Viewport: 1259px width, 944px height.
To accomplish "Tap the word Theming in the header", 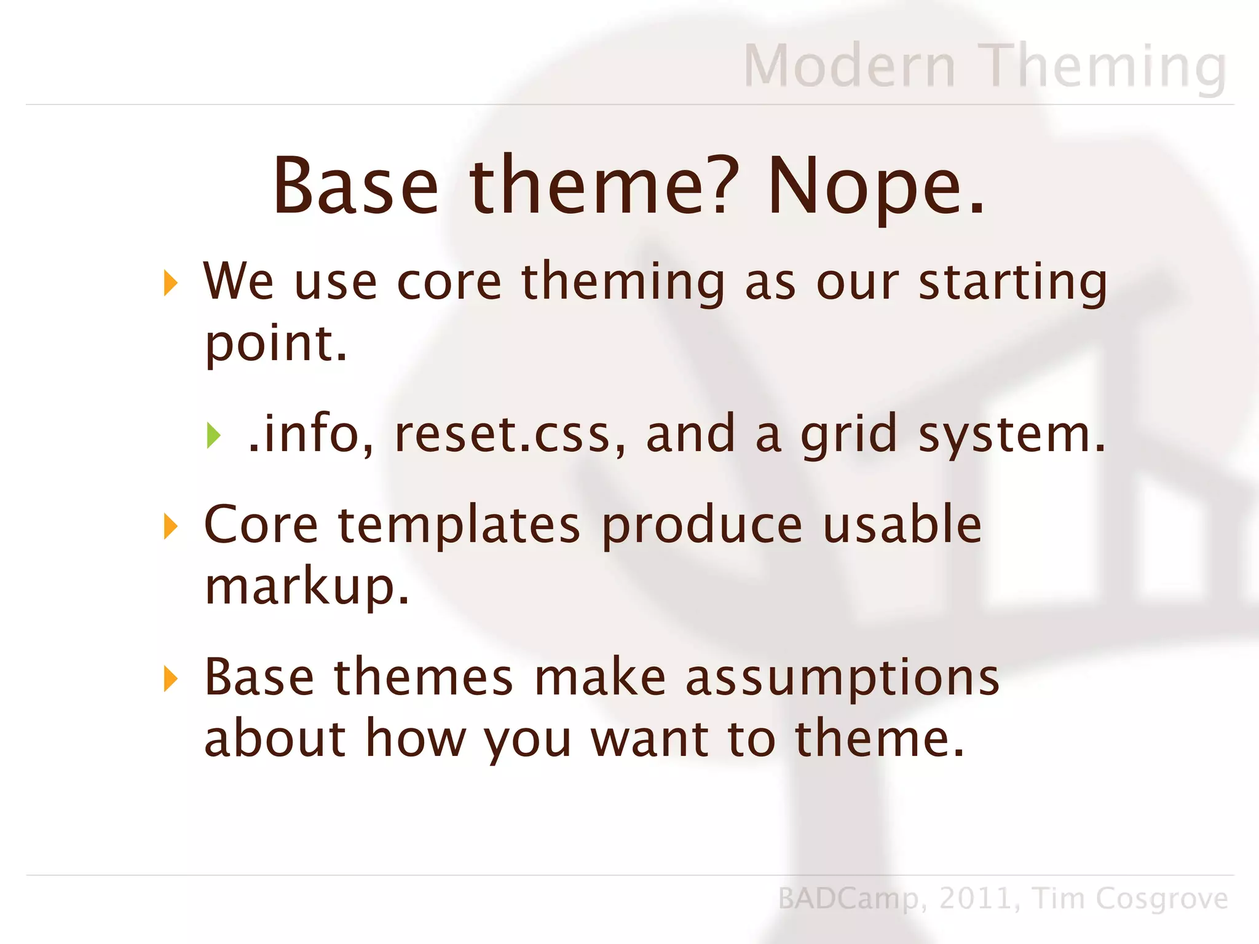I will click(x=1103, y=66).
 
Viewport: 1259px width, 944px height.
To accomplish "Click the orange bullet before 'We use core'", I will click(x=171, y=283).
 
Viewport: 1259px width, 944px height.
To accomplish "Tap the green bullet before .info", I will click(x=213, y=436).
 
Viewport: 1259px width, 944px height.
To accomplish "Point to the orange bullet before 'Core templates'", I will click(x=171, y=527).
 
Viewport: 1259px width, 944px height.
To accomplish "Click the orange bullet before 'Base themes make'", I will click(x=171, y=679).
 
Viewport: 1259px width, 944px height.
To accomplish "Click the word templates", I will click(x=459, y=526).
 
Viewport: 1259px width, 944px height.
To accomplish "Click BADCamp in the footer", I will click(x=848, y=899).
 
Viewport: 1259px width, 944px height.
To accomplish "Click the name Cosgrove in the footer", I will click(x=1161, y=899).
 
